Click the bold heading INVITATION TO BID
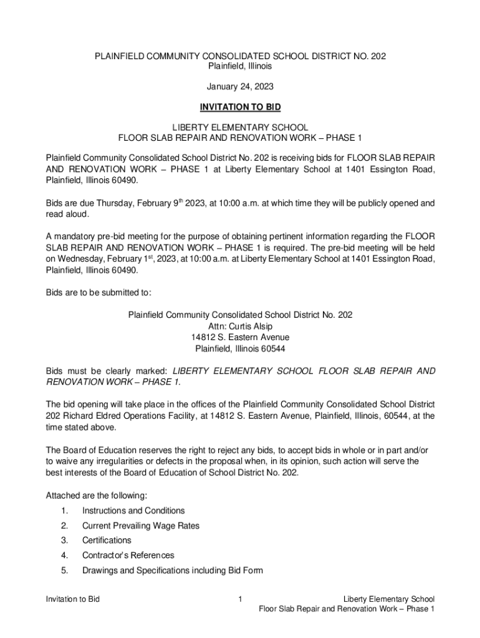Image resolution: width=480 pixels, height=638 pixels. click(240, 107)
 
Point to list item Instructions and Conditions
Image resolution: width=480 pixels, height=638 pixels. click(133, 510)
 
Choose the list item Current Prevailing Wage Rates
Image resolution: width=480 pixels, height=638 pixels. click(141, 525)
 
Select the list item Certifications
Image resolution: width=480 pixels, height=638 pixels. click(107, 540)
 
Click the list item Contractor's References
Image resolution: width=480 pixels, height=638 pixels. click(128, 555)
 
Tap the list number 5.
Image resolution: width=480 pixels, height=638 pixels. click(64, 570)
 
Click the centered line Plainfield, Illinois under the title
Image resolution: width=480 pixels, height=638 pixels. click(240, 66)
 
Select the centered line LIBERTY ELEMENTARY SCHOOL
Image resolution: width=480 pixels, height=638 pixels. click(240, 127)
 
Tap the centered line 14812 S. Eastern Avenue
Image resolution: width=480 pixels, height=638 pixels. click(240, 337)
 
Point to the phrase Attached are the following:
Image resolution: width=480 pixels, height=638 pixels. click(97, 495)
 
